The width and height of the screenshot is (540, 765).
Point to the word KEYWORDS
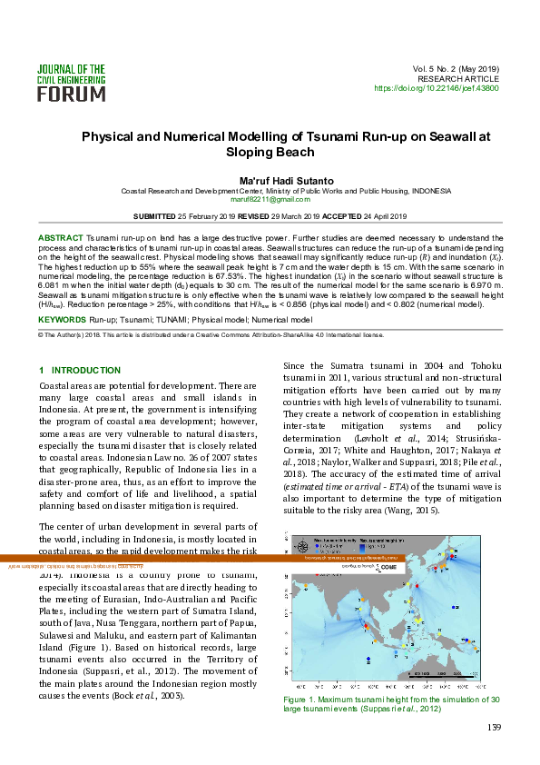pos(62,320)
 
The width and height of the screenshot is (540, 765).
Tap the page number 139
pos(494,727)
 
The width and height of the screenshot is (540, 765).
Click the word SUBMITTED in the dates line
pos(155,216)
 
